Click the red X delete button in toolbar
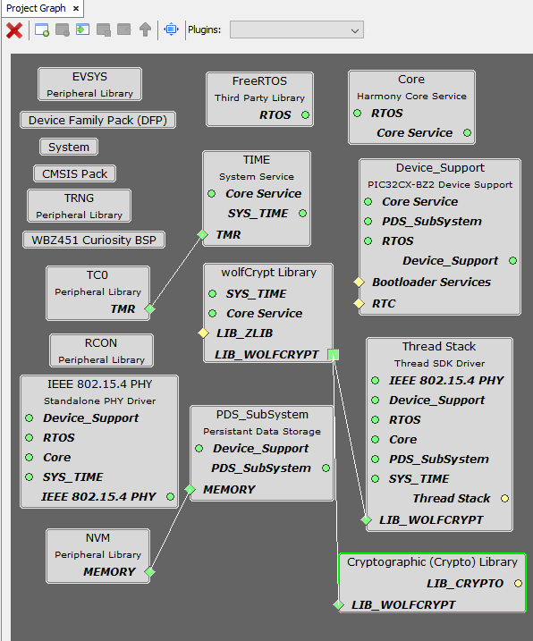coord(14,30)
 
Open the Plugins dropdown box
coord(297,30)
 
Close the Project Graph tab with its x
coord(76,8)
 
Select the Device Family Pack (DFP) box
coord(97,120)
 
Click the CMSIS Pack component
coord(74,173)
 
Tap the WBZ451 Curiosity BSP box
coord(94,240)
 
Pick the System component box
coord(69,147)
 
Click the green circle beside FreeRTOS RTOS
coord(305,114)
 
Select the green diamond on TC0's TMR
coord(149,308)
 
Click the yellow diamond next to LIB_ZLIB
coord(203,333)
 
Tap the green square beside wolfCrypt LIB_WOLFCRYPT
coord(334,354)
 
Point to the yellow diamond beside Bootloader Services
coord(359,283)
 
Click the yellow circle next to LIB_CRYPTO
coord(519,584)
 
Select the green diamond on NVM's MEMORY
coord(149,571)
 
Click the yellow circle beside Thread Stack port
coord(504,498)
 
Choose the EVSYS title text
coord(89,77)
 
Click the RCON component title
coord(101,343)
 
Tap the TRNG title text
coord(79,198)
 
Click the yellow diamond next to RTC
coord(359,303)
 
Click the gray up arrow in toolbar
coord(145,30)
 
